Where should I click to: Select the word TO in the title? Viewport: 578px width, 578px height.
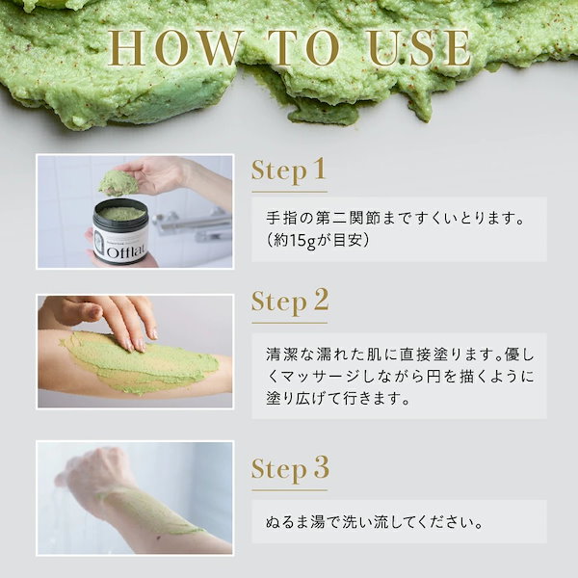[x=303, y=48]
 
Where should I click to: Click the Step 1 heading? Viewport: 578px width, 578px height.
[x=289, y=171]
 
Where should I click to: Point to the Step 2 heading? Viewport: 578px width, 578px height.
[x=290, y=302]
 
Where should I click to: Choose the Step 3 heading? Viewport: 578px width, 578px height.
[x=290, y=469]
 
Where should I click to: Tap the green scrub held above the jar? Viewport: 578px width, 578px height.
[x=118, y=183]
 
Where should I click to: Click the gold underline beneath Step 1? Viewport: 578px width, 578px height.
[x=289, y=192]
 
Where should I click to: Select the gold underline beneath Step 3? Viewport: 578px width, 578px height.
[x=289, y=490]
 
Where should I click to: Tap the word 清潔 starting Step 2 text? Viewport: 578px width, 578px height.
[x=281, y=355]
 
